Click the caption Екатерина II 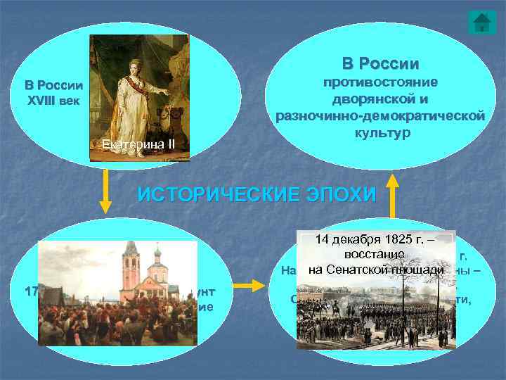133,146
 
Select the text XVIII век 54,100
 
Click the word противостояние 380,84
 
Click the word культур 380,132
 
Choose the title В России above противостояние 380,63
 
